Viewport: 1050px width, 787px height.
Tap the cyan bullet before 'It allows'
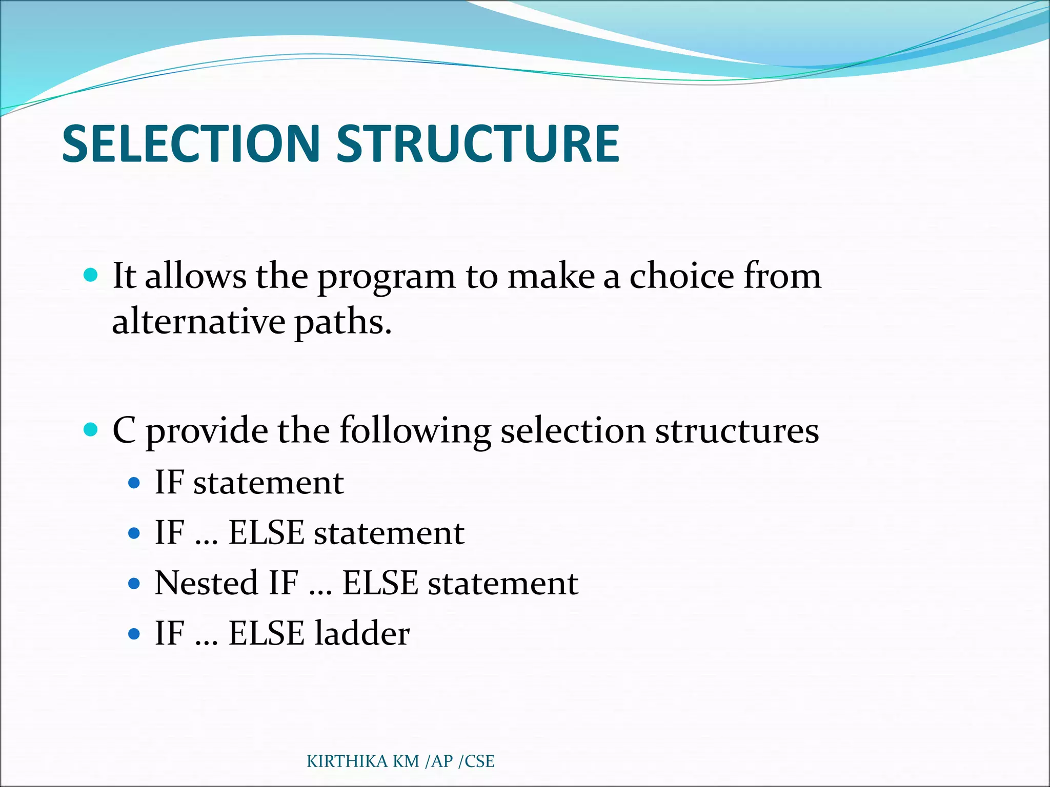tap(90, 275)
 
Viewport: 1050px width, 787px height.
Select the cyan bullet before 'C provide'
tap(90, 429)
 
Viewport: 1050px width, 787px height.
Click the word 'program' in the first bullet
tap(386, 277)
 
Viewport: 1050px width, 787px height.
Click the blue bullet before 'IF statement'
tap(134, 483)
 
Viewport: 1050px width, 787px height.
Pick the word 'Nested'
tap(206, 583)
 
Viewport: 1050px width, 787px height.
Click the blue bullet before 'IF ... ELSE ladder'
tap(134, 634)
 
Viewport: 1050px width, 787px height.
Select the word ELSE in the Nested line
tap(380, 583)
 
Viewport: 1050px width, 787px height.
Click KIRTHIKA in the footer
tap(347, 761)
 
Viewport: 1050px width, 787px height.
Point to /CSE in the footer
tap(476, 761)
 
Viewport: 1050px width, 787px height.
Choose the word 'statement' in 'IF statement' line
tap(268, 483)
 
